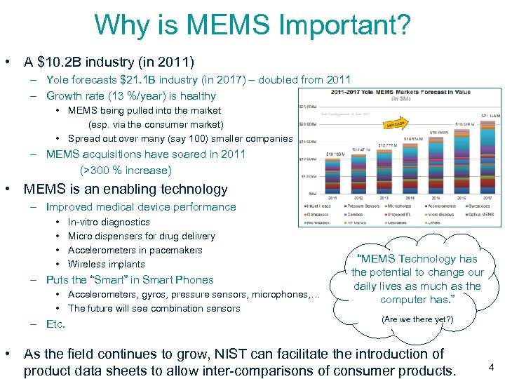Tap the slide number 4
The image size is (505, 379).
click(491, 366)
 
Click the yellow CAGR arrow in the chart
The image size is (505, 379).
click(396, 124)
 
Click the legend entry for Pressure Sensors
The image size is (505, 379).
click(363, 206)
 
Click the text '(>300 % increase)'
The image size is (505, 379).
click(126, 170)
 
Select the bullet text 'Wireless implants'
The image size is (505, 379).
click(106, 264)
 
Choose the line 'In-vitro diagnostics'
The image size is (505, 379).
click(109, 222)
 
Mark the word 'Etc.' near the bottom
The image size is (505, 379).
click(55, 324)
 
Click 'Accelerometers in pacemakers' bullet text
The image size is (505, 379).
click(135, 250)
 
